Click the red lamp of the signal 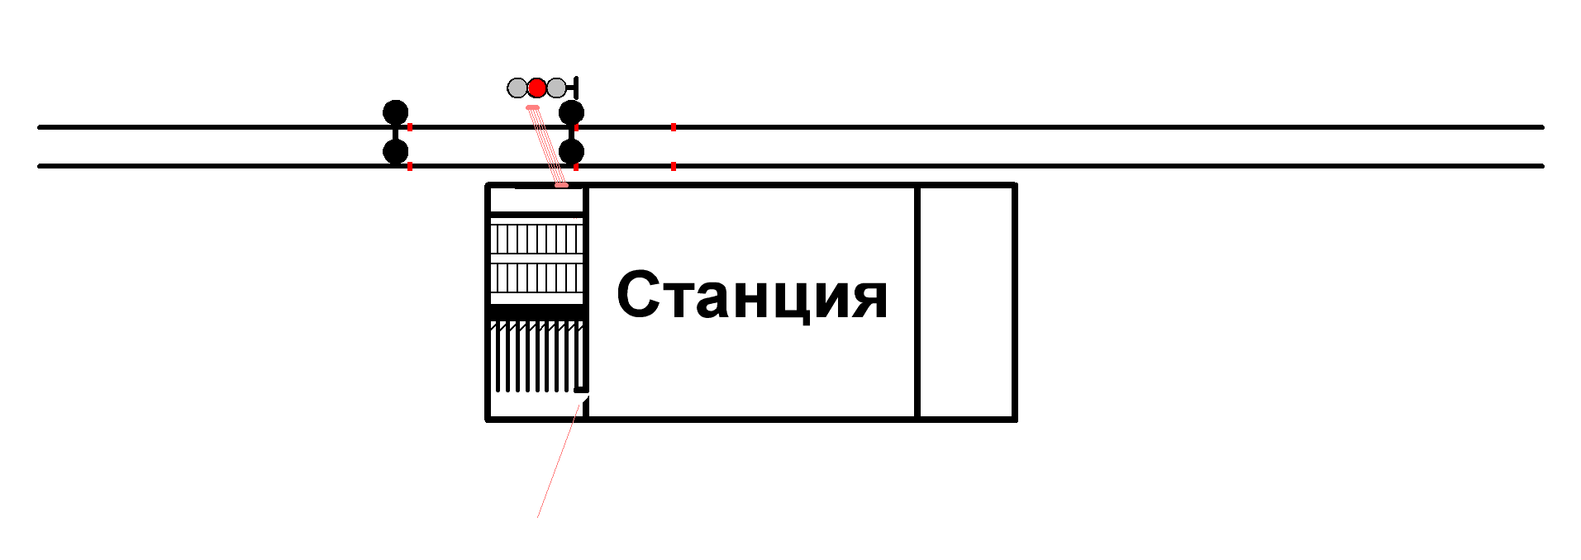(x=537, y=88)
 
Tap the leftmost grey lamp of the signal (x=517, y=88)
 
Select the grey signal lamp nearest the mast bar (x=557, y=88)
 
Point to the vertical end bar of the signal (x=575, y=88)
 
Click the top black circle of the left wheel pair (x=396, y=112)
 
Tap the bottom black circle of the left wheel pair (x=396, y=152)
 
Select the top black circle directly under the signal (x=571, y=112)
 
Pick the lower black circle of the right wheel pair (x=571, y=152)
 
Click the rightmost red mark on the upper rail (x=674, y=127)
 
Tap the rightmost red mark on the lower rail (x=674, y=166)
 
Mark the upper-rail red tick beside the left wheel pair (x=410, y=127)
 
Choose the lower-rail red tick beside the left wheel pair (x=410, y=166)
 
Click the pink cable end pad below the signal (x=533, y=107)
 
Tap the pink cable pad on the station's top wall (x=561, y=185)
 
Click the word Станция (x=751, y=296)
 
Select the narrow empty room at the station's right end (x=966, y=302)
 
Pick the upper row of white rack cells (x=537, y=240)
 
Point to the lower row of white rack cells (x=537, y=278)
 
